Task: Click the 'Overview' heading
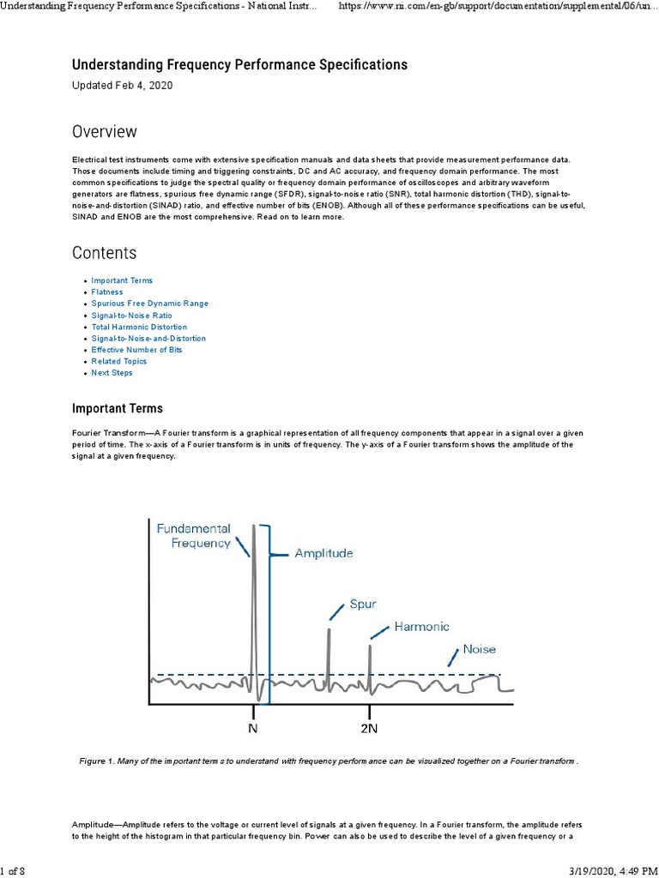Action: pyautogui.click(x=104, y=132)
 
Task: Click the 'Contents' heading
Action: pyautogui.click(x=104, y=253)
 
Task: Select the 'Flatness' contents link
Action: pyautogui.click(x=107, y=292)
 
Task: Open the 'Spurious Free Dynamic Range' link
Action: pyautogui.click(x=149, y=304)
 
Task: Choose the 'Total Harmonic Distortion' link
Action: pyautogui.click(x=139, y=327)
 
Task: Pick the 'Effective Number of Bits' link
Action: pyautogui.click(x=136, y=350)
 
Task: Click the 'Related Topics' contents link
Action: pyautogui.click(x=119, y=361)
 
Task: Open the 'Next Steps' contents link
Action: pyautogui.click(x=112, y=373)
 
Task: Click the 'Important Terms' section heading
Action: pyautogui.click(x=117, y=408)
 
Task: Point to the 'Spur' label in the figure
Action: pyautogui.click(x=363, y=604)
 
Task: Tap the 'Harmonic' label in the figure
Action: pyautogui.click(x=421, y=627)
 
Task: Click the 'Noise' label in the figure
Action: pyautogui.click(x=479, y=649)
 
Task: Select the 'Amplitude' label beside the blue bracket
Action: pyautogui.click(x=323, y=554)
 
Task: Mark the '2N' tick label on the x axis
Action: pyautogui.click(x=369, y=729)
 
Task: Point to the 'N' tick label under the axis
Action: pyautogui.click(x=253, y=729)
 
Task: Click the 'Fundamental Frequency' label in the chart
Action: pyautogui.click(x=193, y=536)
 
